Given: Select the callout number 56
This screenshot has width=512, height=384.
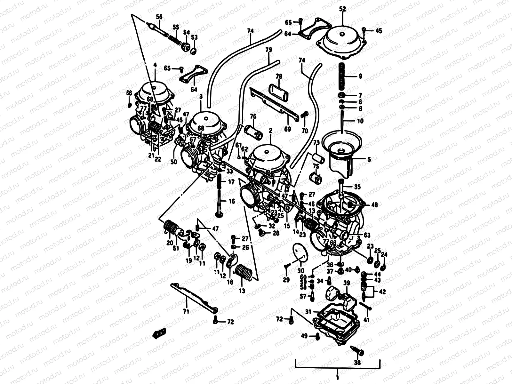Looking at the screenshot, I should pos(159,17).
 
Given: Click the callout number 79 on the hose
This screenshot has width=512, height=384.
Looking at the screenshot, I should pos(268,50).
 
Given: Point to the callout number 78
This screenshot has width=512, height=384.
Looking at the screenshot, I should pos(279,76).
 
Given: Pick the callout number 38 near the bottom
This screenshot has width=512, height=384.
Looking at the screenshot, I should pos(357,362).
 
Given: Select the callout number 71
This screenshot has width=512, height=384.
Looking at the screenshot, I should pos(186,311).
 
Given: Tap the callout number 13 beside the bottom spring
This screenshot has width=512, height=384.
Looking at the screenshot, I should pos(242,291).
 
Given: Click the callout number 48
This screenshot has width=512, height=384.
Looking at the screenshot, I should pos(374,205).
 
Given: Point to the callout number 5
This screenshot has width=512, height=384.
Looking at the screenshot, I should pos(369,159).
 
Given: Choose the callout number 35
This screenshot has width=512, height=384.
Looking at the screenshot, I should pos(357,187).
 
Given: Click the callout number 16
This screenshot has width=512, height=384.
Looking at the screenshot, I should pos(232,201).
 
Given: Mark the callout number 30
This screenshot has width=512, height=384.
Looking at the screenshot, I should pos(301,270).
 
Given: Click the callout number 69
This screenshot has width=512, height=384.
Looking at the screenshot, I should pos(287,129).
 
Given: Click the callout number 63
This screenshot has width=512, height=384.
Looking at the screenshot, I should pos(367,235).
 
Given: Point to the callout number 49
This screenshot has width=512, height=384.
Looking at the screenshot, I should pos(304,336).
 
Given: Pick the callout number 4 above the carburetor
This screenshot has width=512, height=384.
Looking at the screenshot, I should pos(155,65).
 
